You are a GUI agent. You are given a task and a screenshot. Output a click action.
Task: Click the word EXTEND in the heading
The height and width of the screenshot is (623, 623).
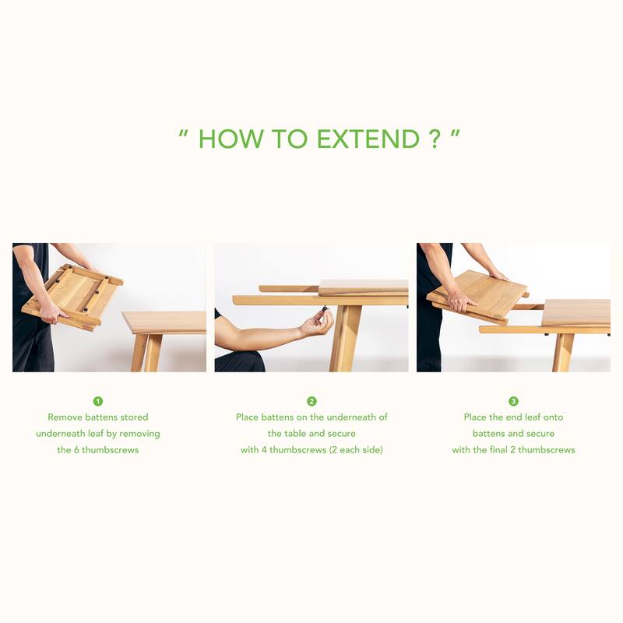coord(368,139)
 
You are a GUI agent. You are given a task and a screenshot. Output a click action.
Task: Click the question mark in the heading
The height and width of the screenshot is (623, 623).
coord(435,139)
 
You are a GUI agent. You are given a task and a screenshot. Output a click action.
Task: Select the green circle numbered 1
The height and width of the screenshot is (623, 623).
coord(98,401)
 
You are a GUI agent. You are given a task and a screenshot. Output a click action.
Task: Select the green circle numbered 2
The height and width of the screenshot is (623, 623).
coord(311,401)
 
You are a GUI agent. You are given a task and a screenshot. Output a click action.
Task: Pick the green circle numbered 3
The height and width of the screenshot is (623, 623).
coord(513,401)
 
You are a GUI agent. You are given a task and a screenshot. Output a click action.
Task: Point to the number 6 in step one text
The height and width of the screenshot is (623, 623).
coord(76,450)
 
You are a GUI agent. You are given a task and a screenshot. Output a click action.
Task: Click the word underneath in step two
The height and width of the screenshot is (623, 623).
coord(351,417)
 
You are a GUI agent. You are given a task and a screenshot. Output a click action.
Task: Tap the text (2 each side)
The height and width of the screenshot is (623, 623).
coord(356,450)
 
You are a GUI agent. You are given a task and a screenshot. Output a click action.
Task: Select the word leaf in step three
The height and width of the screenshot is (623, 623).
coord(533,417)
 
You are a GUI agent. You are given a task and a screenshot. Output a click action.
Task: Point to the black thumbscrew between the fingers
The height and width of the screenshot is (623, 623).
coord(326,308)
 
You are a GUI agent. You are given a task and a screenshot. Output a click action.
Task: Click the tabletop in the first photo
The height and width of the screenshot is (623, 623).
coord(164,322)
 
